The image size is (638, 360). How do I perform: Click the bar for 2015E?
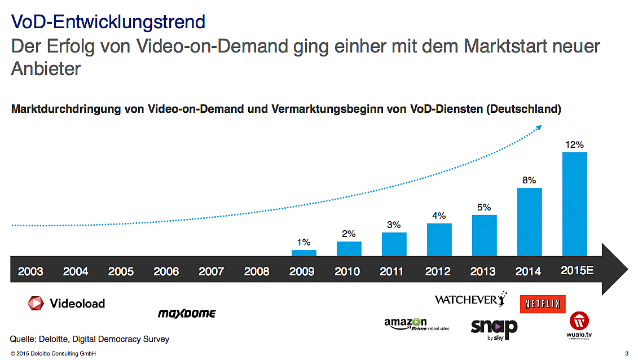click(x=574, y=204)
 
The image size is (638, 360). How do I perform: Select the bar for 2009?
click(x=303, y=253)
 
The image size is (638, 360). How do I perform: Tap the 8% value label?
click(x=530, y=181)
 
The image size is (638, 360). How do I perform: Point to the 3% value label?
click(x=394, y=225)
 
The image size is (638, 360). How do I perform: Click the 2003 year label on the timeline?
click(x=30, y=271)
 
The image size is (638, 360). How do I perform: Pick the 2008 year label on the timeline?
click(x=257, y=271)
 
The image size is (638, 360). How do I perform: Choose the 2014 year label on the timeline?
click(x=528, y=271)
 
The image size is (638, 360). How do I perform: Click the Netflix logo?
click(x=542, y=304)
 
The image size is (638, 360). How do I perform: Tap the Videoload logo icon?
click(x=36, y=303)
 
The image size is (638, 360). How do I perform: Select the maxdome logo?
click(x=187, y=313)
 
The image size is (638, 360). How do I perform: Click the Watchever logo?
click(x=470, y=299)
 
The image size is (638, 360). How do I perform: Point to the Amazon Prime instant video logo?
click(x=416, y=323)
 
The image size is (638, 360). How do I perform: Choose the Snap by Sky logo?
click(x=494, y=328)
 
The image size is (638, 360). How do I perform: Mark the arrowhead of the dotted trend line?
click(x=538, y=128)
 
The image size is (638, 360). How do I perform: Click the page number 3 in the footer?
click(x=627, y=353)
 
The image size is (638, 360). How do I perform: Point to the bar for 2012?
click(x=439, y=239)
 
